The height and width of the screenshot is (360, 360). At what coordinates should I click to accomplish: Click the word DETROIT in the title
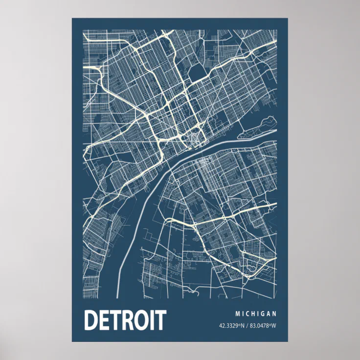(x=125, y=320)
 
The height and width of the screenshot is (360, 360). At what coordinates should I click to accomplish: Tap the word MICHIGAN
(x=256, y=314)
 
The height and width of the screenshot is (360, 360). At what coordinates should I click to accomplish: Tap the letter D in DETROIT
(x=91, y=320)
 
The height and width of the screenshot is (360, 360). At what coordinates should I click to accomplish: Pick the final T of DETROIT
(x=160, y=320)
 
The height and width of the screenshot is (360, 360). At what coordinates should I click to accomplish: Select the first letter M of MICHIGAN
(x=238, y=314)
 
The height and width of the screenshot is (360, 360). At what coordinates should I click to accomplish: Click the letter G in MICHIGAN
(x=262, y=314)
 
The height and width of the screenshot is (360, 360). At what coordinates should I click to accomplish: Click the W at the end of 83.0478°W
(x=274, y=326)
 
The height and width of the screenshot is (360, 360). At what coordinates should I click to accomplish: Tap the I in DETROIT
(x=155, y=320)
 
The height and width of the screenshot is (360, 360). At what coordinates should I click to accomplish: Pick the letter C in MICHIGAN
(x=249, y=314)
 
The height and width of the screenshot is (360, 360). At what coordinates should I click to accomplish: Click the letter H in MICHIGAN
(x=255, y=314)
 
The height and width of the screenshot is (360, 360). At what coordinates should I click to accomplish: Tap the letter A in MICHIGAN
(x=268, y=314)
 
